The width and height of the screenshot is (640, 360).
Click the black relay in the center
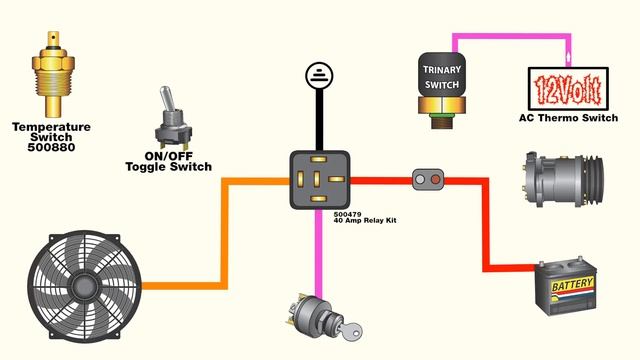coord(319,179)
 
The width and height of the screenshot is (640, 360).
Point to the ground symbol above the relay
coord(318,74)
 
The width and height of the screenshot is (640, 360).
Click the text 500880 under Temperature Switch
coord(51,149)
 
